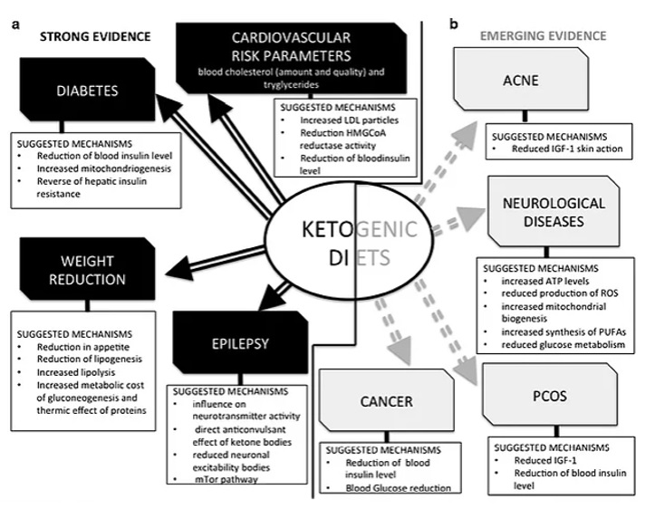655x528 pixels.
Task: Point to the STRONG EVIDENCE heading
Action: pyautogui.click(x=92, y=36)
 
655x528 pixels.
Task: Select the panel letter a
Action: pyautogui.click(x=15, y=24)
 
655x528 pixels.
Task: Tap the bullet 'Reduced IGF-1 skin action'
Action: pyautogui.click(x=565, y=148)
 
